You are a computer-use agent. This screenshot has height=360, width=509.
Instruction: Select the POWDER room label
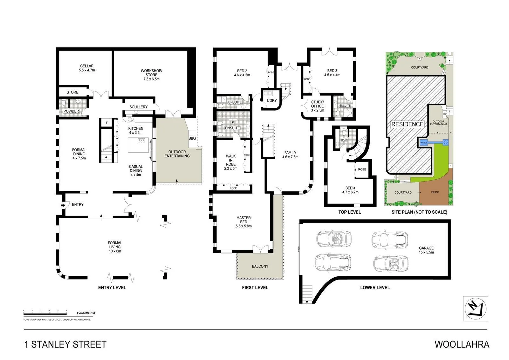[71, 111]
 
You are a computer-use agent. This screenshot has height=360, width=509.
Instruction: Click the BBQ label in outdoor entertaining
[192, 138]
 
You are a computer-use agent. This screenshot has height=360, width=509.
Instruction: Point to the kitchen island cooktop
[141, 141]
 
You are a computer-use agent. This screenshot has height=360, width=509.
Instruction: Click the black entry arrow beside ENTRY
[63, 205]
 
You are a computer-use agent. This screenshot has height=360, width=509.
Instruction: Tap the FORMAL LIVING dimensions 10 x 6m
[115, 251]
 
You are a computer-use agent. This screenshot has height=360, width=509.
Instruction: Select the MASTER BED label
[243, 220]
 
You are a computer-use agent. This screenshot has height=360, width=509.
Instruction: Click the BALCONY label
[260, 266]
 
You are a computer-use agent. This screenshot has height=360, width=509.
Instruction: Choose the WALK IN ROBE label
[231, 160]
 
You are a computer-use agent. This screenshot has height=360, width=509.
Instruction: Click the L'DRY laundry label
[272, 101]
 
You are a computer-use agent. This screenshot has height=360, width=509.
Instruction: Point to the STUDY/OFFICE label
[317, 104]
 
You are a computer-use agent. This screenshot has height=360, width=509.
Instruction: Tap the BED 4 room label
[350, 188]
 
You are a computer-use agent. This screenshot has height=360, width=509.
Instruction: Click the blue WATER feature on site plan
[424, 143]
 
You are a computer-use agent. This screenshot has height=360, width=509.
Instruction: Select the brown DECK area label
[435, 192]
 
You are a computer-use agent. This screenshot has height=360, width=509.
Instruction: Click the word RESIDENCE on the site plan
[407, 124]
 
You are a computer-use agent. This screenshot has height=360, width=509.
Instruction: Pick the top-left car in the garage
[334, 238]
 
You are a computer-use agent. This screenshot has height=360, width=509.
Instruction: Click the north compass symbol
[475, 309]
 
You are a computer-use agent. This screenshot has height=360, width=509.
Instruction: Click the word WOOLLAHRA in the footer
[462, 344]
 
